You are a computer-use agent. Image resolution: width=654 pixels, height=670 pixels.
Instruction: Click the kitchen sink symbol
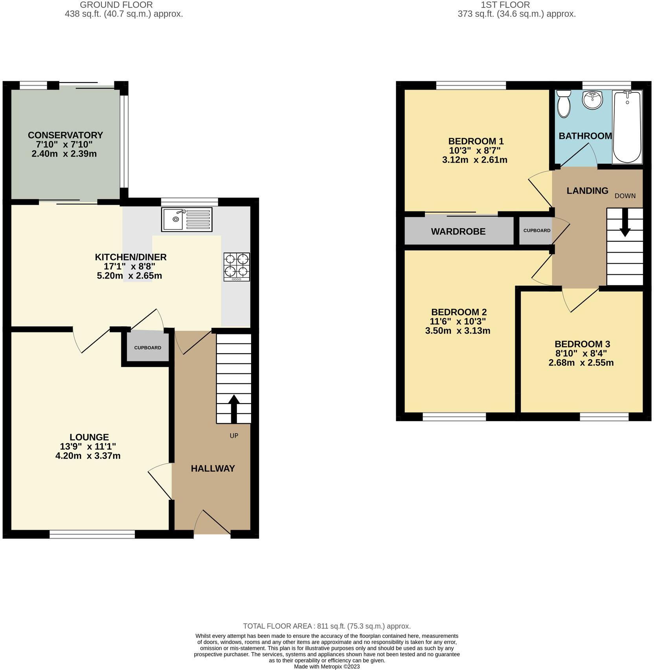point(186,219)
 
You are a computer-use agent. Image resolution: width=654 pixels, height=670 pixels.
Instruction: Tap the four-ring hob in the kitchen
point(236,266)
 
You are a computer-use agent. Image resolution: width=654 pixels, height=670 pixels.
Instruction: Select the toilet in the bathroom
point(564,103)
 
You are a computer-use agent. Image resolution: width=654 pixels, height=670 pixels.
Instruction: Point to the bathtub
point(627,127)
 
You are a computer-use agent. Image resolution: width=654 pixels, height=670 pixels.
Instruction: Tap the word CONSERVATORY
point(65,135)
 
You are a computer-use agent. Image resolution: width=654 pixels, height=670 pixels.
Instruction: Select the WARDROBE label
point(458,231)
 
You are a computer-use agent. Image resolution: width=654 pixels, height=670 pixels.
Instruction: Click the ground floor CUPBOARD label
point(147,348)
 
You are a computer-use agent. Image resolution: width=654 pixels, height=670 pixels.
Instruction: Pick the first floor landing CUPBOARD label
point(536,231)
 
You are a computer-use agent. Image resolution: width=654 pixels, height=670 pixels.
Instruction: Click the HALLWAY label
point(213,468)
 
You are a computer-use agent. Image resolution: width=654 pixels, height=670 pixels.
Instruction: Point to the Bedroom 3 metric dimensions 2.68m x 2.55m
point(581,363)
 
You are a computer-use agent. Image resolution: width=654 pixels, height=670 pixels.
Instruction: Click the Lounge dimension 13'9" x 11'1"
point(88,446)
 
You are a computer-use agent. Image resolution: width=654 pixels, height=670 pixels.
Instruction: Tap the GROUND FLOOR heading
point(116,5)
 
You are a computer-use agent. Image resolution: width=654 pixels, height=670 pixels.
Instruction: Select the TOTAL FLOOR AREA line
point(327,626)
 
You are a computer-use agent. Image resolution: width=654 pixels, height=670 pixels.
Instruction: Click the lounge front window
point(92,534)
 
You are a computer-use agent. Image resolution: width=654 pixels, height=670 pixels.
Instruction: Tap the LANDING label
point(587,191)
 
